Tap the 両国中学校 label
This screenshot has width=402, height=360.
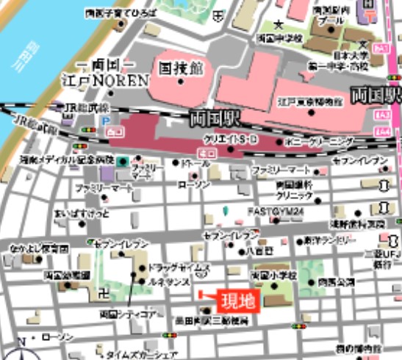(x=279, y=37)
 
